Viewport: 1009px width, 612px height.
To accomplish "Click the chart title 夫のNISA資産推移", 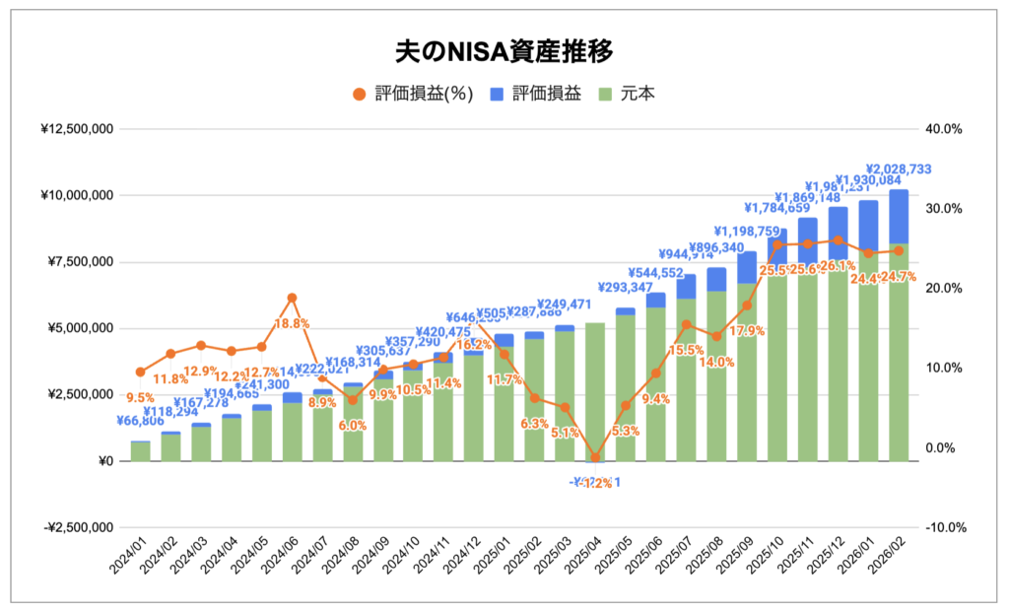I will (x=504, y=51).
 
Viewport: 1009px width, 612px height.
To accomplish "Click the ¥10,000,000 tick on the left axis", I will (x=77, y=195).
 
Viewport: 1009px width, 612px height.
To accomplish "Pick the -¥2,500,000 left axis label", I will (x=77, y=527).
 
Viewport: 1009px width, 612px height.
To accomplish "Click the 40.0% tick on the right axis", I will (x=944, y=129).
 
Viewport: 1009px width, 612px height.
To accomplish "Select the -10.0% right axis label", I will (x=944, y=527).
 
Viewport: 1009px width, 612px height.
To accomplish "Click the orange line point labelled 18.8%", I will (x=292, y=298).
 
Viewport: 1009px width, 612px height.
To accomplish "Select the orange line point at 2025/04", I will (x=595, y=457).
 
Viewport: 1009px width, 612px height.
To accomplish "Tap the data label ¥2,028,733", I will (x=899, y=170).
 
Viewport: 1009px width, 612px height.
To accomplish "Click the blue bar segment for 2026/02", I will (x=899, y=217).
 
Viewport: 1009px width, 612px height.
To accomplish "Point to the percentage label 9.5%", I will (x=140, y=399).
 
